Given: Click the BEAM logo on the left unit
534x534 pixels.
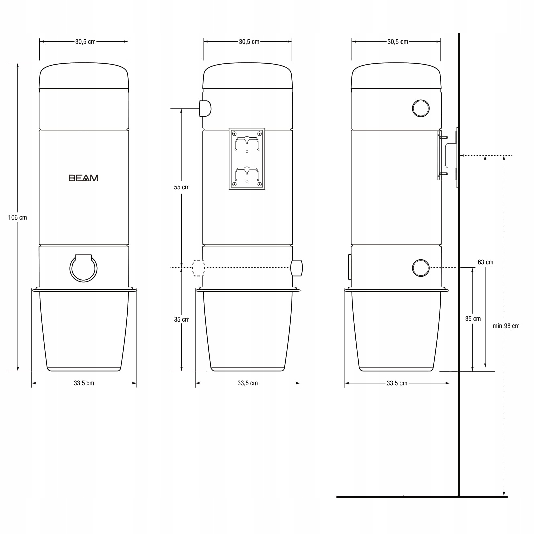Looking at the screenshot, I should tap(83, 178).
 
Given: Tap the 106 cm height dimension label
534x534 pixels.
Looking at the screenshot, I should tap(17, 217).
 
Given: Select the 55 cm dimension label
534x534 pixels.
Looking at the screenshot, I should tap(181, 187).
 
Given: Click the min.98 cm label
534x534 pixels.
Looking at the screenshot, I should tap(506, 326).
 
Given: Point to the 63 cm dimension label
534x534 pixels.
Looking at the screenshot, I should tap(485, 262).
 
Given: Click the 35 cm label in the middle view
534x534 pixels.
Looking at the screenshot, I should tap(181, 319).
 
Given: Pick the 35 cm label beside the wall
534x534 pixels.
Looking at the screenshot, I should tap(473, 319).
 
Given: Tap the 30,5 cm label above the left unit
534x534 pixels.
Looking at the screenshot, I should tap(85, 42).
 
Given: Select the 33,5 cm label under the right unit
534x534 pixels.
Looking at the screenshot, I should tap(397, 383).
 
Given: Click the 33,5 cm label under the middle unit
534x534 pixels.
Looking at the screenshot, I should tap(247, 383).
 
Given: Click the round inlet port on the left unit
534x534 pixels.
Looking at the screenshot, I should tap(83, 269).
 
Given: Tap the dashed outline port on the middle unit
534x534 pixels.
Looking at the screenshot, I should tap(198, 268).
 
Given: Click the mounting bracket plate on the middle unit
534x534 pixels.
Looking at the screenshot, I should tap(247, 159).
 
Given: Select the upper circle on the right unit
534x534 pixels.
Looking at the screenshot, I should tap(421, 108).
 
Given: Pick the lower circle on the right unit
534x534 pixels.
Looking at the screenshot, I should tap(421, 268).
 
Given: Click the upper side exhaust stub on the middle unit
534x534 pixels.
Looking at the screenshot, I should tap(205, 108).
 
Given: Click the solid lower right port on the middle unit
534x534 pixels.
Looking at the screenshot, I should tap(297, 268).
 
